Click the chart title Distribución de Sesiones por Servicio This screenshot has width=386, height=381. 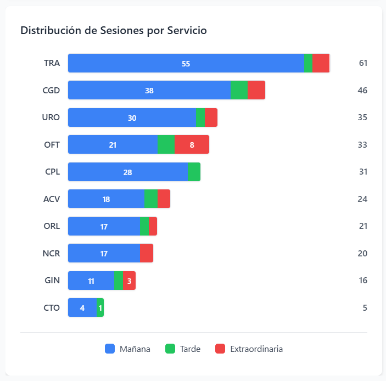pyautogui.click(x=114, y=30)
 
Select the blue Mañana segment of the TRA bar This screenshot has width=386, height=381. pyautogui.click(x=186, y=63)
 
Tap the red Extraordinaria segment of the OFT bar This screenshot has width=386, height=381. pyautogui.click(x=192, y=144)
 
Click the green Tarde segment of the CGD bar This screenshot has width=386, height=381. pyautogui.click(x=239, y=90)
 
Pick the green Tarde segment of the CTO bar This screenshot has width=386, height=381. pyautogui.click(x=100, y=307)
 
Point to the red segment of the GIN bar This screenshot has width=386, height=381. pyautogui.click(x=129, y=281)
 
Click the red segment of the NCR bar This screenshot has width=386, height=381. pyautogui.click(x=147, y=253)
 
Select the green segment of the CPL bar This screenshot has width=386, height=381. pyautogui.click(x=194, y=172)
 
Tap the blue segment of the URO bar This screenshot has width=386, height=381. pyautogui.click(x=132, y=117)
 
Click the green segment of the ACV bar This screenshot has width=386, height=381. pyautogui.click(x=151, y=199)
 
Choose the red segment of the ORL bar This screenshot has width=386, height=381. pyautogui.click(x=153, y=226)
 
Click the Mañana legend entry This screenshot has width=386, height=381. pyautogui.click(x=127, y=349)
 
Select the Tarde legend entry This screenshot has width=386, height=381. pyautogui.click(x=183, y=349)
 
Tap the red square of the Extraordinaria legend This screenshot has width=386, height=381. pyautogui.click(x=220, y=349)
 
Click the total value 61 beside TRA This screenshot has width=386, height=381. pyautogui.click(x=362, y=63)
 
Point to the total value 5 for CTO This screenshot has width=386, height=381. pyautogui.click(x=365, y=307)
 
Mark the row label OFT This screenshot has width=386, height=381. pyautogui.click(x=52, y=144)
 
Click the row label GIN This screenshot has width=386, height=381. pyautogui.click(x=52, y=281)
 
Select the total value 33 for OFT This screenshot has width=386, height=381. pyautogui.click(x=362, y=144)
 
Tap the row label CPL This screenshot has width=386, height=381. pyautogui.click(x=52, y=172)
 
